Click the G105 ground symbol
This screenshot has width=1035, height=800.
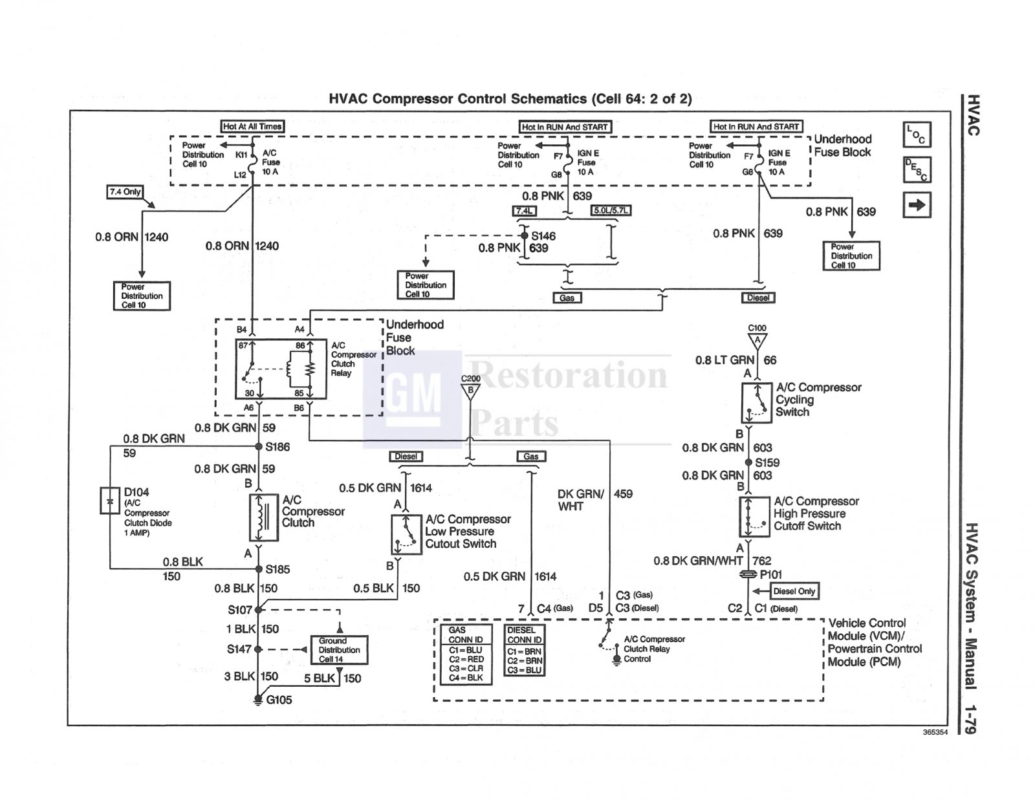coord(257,700)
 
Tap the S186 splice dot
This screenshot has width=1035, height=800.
coord(259,446)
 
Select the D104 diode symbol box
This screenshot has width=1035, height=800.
coord(109,501)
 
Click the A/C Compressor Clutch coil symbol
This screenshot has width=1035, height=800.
coord(264,517)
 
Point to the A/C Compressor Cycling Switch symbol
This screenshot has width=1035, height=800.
coord(756,403)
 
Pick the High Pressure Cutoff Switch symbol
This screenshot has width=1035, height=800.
coord(754,517)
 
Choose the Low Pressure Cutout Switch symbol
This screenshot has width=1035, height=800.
coord(406,534)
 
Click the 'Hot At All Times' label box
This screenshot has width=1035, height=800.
coord(252,126)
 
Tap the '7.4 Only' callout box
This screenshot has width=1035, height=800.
coord(125,192)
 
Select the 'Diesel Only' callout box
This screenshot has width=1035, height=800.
coord(794,591)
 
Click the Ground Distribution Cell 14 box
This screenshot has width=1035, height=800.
coord(339,650)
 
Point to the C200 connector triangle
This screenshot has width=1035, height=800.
coord(470,391)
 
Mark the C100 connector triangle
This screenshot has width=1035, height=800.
coord(757,341)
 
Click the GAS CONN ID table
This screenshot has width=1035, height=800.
coord(466,654)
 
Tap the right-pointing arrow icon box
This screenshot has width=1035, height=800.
coord(917,205)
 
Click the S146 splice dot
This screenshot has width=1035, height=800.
coord(525,235)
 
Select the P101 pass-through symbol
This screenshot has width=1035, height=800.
coord(748,575)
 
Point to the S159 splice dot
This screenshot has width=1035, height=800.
coord(748,462)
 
